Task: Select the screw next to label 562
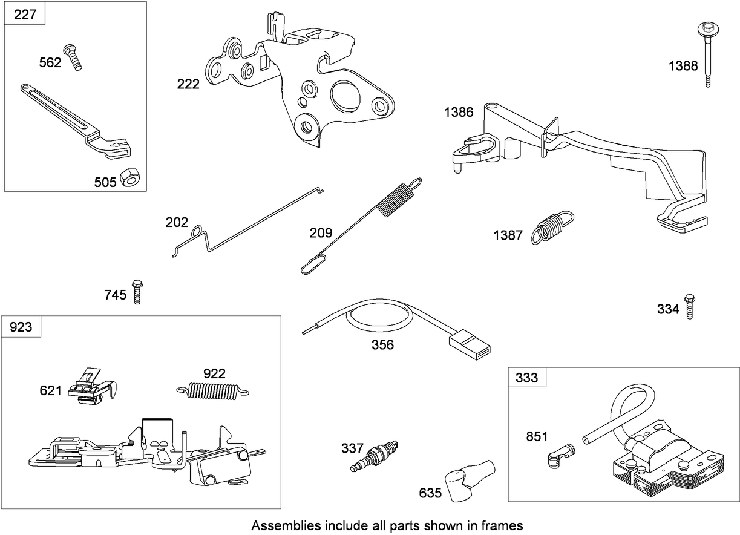tap(74, 59)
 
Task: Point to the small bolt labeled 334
tap(689, 306)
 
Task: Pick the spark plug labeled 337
tap(375, 457)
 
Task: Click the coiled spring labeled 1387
tap(552, 227)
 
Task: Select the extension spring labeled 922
tap(214, 392)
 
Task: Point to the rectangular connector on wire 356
tap(469, 344)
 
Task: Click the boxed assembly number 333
tap(526, 378)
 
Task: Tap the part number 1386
tap(459, 113)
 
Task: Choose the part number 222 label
tap(188, 84)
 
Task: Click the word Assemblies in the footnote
tap(280, 525)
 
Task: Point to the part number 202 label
tap(177, 222)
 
